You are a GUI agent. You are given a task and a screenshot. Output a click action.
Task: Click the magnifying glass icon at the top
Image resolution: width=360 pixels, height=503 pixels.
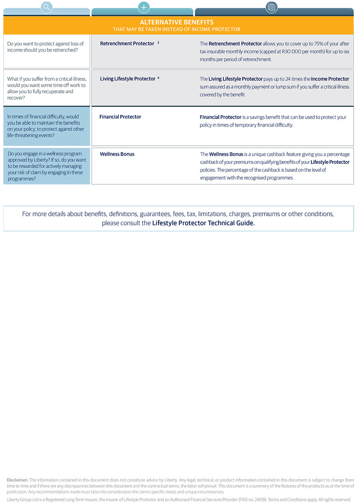(47, 7)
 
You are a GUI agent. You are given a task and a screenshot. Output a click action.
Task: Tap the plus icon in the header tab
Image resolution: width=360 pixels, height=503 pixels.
(143, 7)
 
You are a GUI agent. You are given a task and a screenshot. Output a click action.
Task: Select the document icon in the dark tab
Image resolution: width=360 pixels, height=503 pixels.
(272, 7)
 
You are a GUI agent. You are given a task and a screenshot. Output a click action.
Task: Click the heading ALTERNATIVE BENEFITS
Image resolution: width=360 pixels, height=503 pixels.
(176, 22)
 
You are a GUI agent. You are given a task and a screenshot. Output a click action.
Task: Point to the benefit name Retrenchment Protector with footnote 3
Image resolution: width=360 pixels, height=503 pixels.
(127, 44)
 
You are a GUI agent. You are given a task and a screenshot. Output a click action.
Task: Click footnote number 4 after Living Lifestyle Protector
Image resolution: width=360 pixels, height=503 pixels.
(158, 78)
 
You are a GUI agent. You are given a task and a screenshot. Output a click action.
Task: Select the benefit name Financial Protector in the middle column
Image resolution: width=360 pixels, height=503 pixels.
(120, 117)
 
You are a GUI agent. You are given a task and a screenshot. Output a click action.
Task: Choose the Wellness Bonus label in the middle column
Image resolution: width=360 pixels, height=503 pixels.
(117, 154)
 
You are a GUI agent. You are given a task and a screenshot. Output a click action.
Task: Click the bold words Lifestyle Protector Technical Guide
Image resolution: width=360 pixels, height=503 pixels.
(203, 223)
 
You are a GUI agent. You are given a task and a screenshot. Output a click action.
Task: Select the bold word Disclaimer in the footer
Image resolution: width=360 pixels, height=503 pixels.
(18, 480)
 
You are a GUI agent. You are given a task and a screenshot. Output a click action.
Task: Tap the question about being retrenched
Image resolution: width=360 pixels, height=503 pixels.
(46, 47)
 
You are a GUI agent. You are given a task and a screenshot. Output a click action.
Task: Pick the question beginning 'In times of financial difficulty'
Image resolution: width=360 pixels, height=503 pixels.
(46, 126)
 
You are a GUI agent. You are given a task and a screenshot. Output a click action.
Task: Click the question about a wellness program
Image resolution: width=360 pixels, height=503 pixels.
(46, 166)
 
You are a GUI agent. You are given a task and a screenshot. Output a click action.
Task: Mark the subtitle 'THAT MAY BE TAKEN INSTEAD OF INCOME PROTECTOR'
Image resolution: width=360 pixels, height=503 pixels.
(176, 29)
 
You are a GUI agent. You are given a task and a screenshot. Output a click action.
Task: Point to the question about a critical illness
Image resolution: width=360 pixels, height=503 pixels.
(46, 88)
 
